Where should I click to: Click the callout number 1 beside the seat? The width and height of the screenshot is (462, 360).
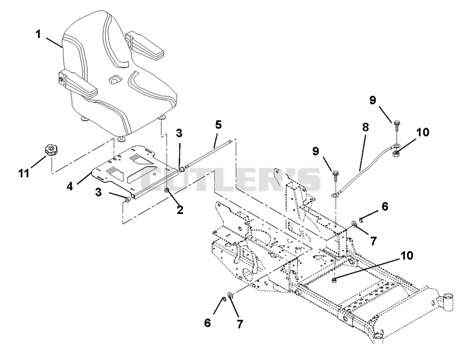[38, 34]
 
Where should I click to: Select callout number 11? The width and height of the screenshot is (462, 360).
[24, 173]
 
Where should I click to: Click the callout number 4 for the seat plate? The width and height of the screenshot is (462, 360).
[69, 186]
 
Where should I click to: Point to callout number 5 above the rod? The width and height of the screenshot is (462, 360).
[218, 125]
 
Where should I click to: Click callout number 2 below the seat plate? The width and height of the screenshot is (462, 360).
[180, 210]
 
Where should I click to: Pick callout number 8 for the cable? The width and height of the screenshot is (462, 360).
[366, 127]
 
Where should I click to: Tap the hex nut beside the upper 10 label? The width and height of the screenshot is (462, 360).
[396, 153]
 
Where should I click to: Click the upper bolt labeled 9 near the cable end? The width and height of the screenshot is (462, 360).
[396, 125]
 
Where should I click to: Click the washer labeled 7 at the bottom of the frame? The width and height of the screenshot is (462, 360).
[230, 295]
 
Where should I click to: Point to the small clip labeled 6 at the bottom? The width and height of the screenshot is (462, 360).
[223, 299]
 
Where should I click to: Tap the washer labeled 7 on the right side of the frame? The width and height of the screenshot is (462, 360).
[354, 225]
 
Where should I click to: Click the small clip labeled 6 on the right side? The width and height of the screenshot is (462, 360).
[362, 218]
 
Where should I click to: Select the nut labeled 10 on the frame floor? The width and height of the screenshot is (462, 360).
[334, 280]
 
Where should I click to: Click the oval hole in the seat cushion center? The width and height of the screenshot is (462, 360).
[115, 78]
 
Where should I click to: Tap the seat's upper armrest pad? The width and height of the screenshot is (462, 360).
[146, 47]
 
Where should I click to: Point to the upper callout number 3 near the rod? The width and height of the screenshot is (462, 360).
[179, 133]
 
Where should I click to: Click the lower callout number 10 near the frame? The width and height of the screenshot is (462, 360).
[407, 256]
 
